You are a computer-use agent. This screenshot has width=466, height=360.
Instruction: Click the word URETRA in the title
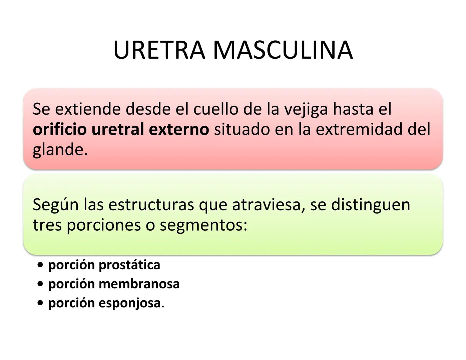pos(159,50)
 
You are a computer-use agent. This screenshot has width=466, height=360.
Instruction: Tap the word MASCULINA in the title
pos(283,50)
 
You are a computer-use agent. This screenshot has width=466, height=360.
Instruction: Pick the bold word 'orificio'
pos(60,129)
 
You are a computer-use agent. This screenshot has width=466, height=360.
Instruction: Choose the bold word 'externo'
pos(179,129)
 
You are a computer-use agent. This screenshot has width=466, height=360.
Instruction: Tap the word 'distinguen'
pos(370,205)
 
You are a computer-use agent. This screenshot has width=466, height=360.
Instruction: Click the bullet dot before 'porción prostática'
pos(40,265)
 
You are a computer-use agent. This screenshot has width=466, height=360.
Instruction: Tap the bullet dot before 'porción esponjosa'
pos(40,303)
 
